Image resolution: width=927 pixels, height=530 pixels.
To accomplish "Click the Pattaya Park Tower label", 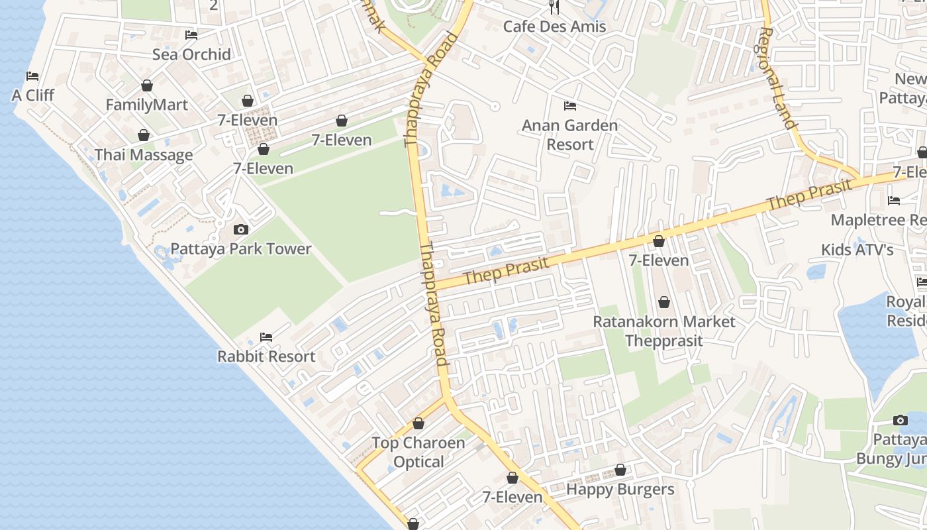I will pos(241,249).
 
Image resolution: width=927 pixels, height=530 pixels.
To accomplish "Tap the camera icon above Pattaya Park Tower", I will pos(241,230).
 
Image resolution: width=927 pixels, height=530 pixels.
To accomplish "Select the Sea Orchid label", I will pos(191,54).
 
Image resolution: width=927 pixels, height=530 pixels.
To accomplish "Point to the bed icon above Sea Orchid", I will pos(191,35).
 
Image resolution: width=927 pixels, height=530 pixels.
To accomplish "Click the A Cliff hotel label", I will pos(33,95).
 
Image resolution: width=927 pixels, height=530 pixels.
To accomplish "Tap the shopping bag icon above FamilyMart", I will pos(147,86).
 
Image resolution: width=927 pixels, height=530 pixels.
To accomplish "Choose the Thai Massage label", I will pos(144,155).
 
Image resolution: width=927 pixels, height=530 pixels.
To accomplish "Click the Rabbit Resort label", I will pos(266,356).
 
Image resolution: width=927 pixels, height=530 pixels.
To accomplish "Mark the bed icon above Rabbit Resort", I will pos(266,337).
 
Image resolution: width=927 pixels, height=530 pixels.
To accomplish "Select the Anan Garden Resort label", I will pos(569,134).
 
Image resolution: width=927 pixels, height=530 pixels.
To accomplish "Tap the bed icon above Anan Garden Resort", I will pos(569,106).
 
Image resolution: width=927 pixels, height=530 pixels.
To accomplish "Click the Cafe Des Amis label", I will pos(554,26).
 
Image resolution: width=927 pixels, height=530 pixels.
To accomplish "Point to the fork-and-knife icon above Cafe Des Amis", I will pos(554,8).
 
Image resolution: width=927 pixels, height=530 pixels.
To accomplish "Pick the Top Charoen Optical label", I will pos(418,452).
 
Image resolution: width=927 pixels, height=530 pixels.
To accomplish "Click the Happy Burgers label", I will pos(620,490).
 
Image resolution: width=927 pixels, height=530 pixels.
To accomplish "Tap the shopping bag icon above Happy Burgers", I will pos(620,470).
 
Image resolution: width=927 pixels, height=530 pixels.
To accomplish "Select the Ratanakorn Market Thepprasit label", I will pos(663,331).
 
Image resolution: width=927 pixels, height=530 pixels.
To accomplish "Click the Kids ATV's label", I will pos(857,250).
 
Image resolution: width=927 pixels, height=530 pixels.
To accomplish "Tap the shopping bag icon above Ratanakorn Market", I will pos(664,303).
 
